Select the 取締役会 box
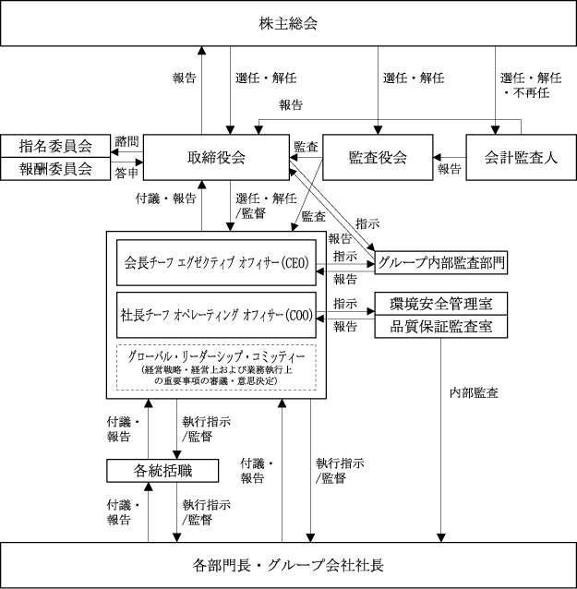click(x=218, y=156)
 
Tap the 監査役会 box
click(x=377, y=156)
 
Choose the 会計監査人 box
click(x=522, y=156)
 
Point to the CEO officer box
click(x=216, y=262)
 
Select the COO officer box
click(x=216, y=315)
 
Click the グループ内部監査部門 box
click(x=440, y=262)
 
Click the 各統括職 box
click(x=162, y=471)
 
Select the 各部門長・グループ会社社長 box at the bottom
click(x=288, y=564)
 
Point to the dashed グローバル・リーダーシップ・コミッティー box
click(x=217, y=367)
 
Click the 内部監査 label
click(x=474, y=393)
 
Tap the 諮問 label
click(x=126, y=140)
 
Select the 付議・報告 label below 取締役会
click(x=165, y=198)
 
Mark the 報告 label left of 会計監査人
click(x=450, y=169)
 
